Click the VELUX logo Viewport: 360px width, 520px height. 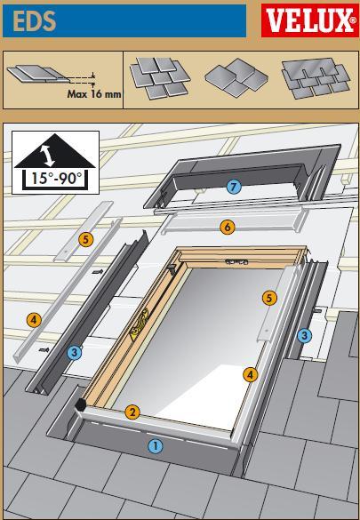(x=309, y=20)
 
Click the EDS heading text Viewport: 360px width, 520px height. (x=35, y=20)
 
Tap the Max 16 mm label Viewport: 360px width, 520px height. (x=94, y=94)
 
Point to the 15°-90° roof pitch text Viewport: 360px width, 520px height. (x=56, y=178)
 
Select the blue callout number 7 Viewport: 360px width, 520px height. (x=234, y=187)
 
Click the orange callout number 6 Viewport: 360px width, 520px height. (x=228, y=228)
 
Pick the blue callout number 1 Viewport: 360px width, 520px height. (x=156, y=446)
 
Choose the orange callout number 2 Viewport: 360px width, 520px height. (x=132, y=412)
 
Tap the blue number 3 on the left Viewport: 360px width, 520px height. (x=75, y=352)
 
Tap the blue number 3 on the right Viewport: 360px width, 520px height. (x=304, y=336)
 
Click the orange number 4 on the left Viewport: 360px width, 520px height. (x=34, y=320)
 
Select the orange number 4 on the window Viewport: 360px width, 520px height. (x=250, y=375)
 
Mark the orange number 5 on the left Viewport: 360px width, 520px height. (x=85, y=239)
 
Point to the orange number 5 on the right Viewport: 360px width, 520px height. (x=269, y=298)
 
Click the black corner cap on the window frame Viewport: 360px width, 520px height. (x=80, y=404)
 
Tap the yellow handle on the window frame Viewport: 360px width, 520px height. (x=139, y=325)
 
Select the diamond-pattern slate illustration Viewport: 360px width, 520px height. (x=236, y=77)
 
